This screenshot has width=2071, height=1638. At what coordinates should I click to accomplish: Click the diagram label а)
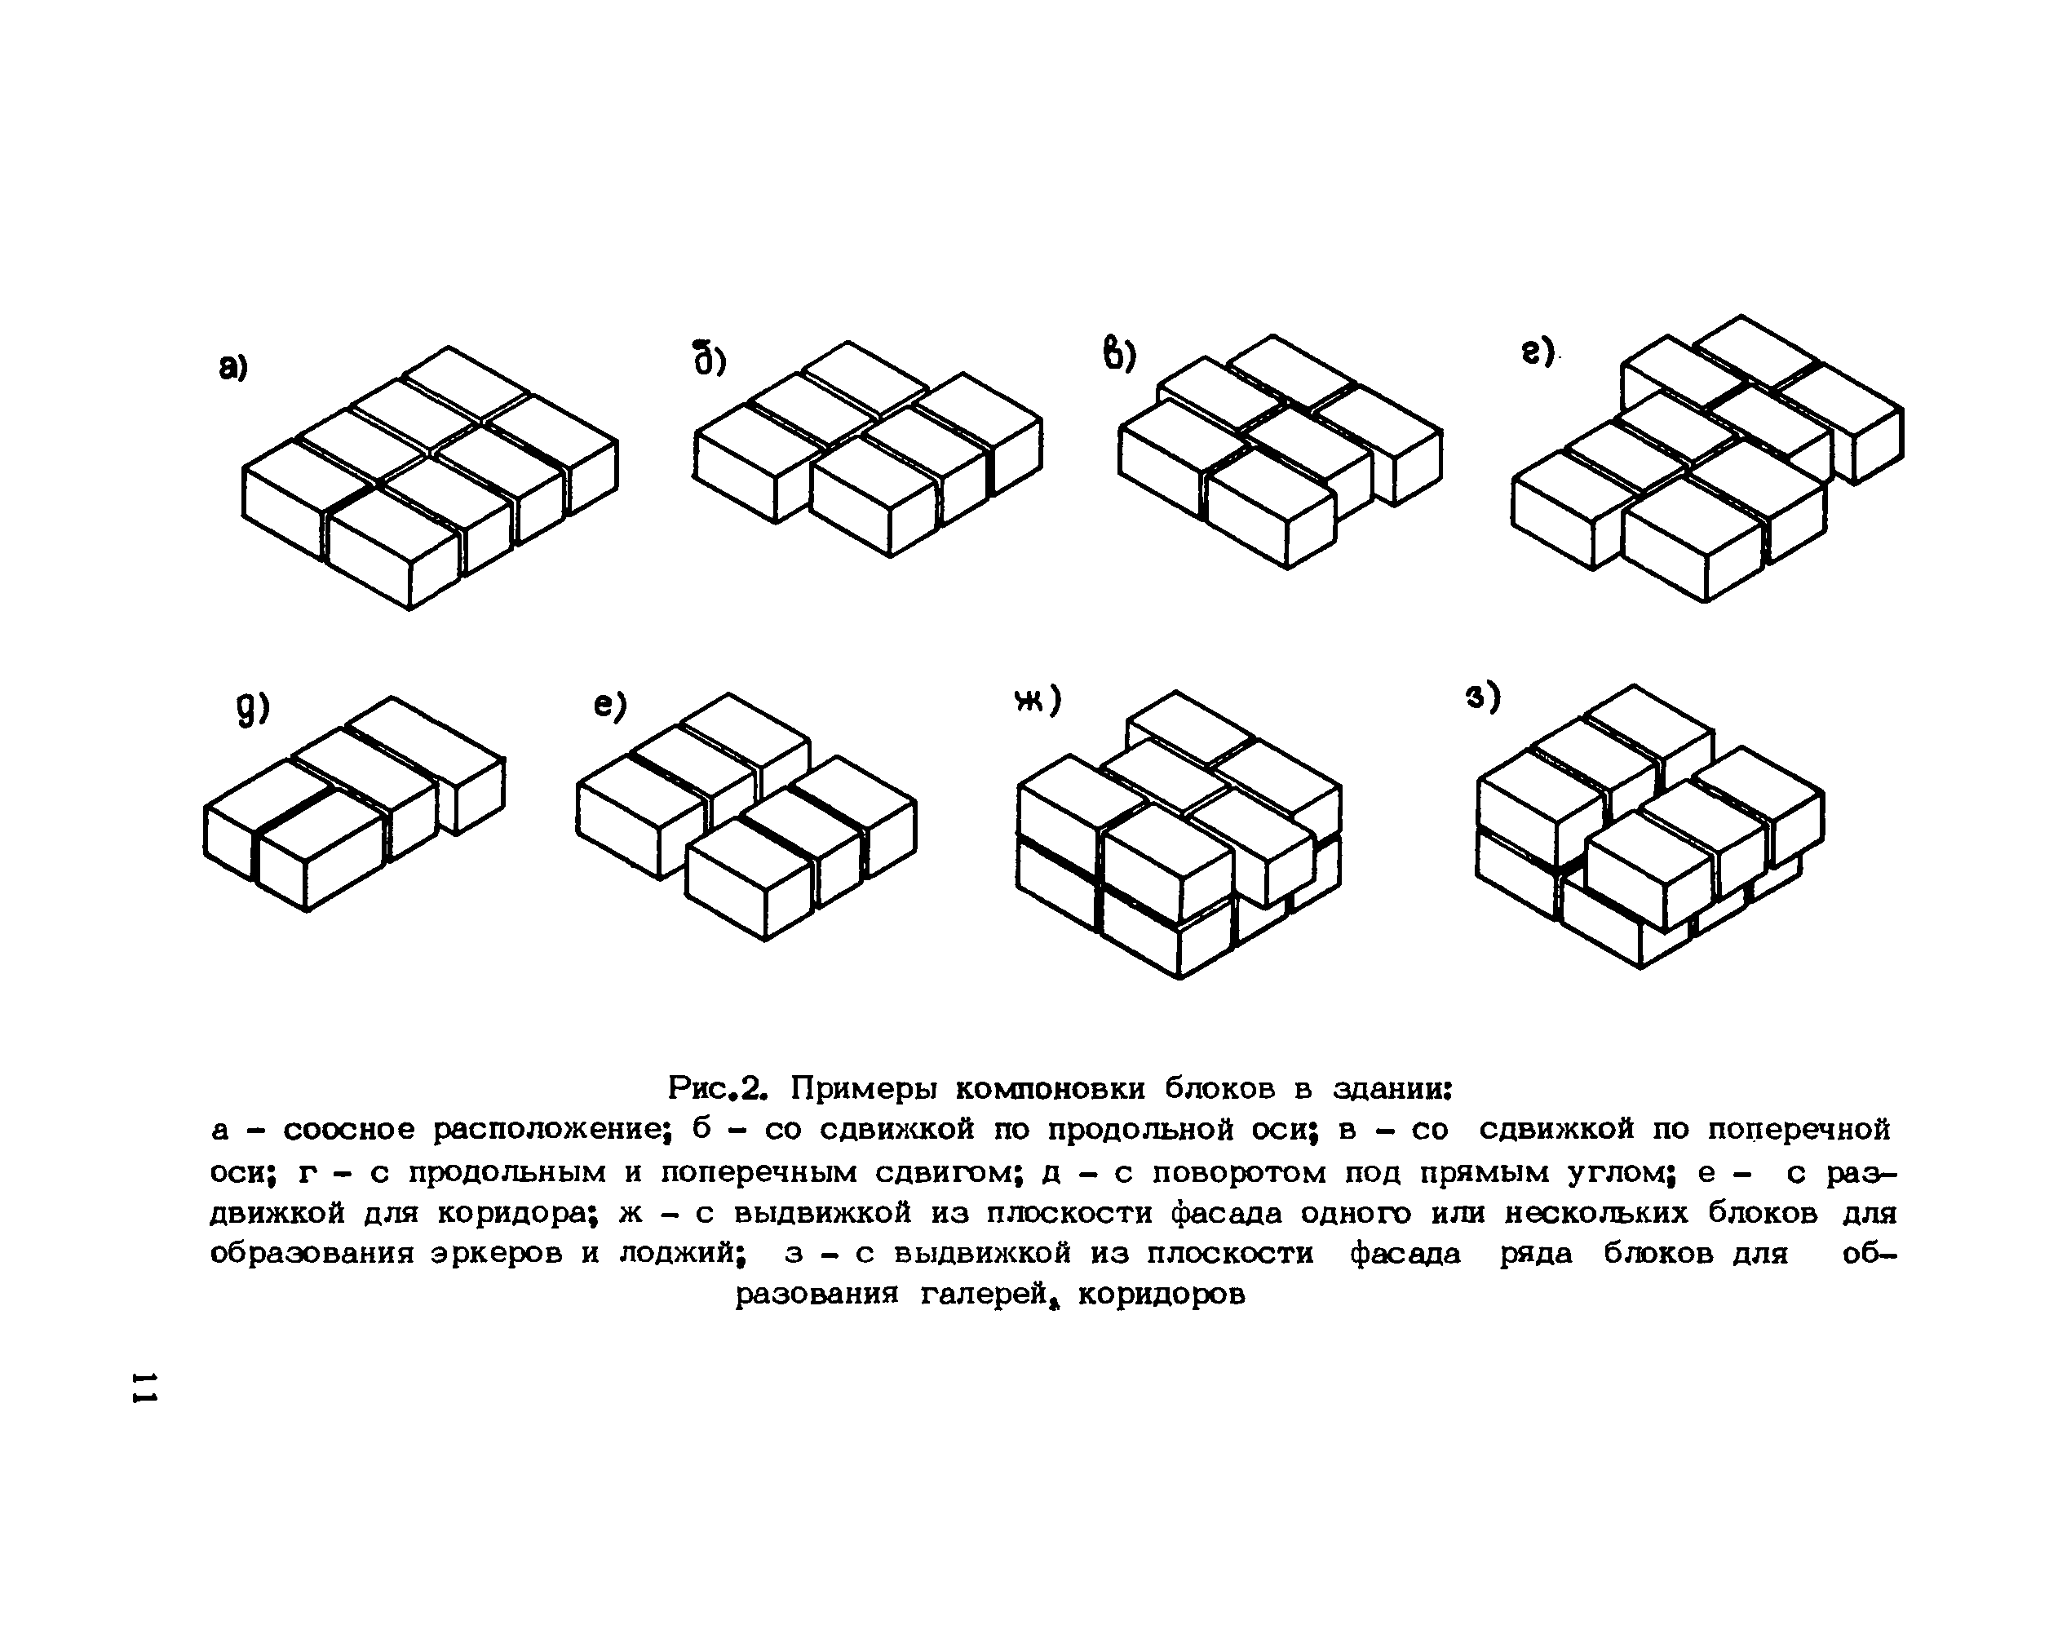pos(233,366)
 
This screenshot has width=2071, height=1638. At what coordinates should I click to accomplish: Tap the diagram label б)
pos(710,359)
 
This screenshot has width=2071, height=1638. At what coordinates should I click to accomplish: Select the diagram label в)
pos(1118,354)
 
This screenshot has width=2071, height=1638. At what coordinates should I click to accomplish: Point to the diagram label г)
pos(1537,353)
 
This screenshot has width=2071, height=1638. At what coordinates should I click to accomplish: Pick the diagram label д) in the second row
pos(253,709)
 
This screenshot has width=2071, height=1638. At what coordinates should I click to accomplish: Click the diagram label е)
pos(610,706)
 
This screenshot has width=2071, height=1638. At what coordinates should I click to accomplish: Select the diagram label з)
pos(1482,697)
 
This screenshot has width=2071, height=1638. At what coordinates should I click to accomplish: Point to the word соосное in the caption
pos(349,1130)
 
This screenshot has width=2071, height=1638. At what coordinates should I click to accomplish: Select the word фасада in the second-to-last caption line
pos(1405,1254)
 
